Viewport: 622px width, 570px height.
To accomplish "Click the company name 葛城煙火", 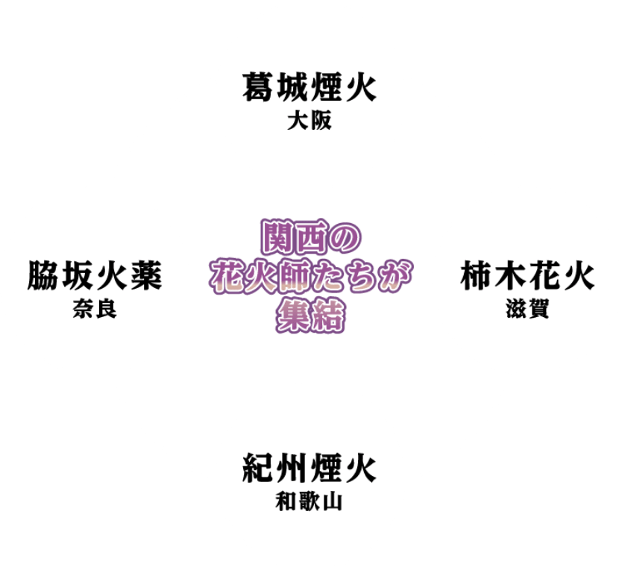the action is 309,87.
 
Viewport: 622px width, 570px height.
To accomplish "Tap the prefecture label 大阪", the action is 310,121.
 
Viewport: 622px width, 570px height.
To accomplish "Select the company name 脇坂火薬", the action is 95,275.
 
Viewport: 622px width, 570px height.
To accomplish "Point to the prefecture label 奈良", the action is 95,309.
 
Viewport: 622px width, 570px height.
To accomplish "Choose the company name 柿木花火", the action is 527,275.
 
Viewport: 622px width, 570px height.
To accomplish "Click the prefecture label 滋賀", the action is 527,309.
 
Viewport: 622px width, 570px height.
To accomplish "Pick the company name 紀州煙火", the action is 309,468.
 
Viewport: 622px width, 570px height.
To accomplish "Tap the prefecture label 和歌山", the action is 309,501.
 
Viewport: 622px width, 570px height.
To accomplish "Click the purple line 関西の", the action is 311,237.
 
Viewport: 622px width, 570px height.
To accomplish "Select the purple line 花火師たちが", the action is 311,277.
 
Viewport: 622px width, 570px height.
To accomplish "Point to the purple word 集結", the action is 310,316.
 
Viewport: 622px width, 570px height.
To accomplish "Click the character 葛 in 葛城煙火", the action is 257,87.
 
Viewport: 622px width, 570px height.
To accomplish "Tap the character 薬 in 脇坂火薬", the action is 146,275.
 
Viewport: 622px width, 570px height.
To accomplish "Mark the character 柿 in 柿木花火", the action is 476,275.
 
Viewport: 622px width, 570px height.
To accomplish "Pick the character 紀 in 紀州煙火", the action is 257,468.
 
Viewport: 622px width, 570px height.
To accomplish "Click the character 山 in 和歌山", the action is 333,501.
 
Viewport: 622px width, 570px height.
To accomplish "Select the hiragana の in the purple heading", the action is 345,237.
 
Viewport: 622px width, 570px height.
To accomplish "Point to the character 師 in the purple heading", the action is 294,277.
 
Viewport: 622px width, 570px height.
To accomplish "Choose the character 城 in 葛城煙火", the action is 292,87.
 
